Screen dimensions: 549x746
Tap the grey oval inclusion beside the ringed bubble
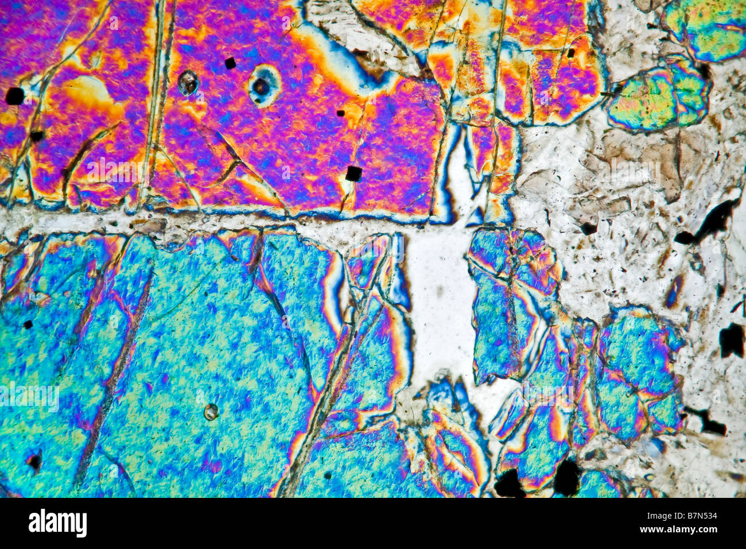pyautogui.click(x=188, y=83)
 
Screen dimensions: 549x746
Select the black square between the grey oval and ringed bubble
pyautogui.click(x=230, y=63)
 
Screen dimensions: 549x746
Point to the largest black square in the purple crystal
pyautogui.click(x=353, y=173)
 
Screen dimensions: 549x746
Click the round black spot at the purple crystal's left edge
pyautogui.click(x=15, y=96)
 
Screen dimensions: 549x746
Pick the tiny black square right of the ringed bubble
pyautogui.click(x=340, y=113)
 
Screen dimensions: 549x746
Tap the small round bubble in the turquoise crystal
pyautogui.click(x=211, y=411)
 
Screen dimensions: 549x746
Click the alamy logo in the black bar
pyautogui.click(x=57, y=523)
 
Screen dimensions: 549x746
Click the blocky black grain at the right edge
pyautogui.click(x=731, y=340)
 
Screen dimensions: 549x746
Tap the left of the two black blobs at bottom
pyautogui.click(x=509, y=483)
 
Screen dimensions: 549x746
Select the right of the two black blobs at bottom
pyautogui.click(x=566, y=477)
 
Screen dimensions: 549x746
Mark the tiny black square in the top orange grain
pyautogui.click(x=570, y=53)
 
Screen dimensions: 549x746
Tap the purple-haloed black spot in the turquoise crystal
pyautogui.click(x=34, y=460)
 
